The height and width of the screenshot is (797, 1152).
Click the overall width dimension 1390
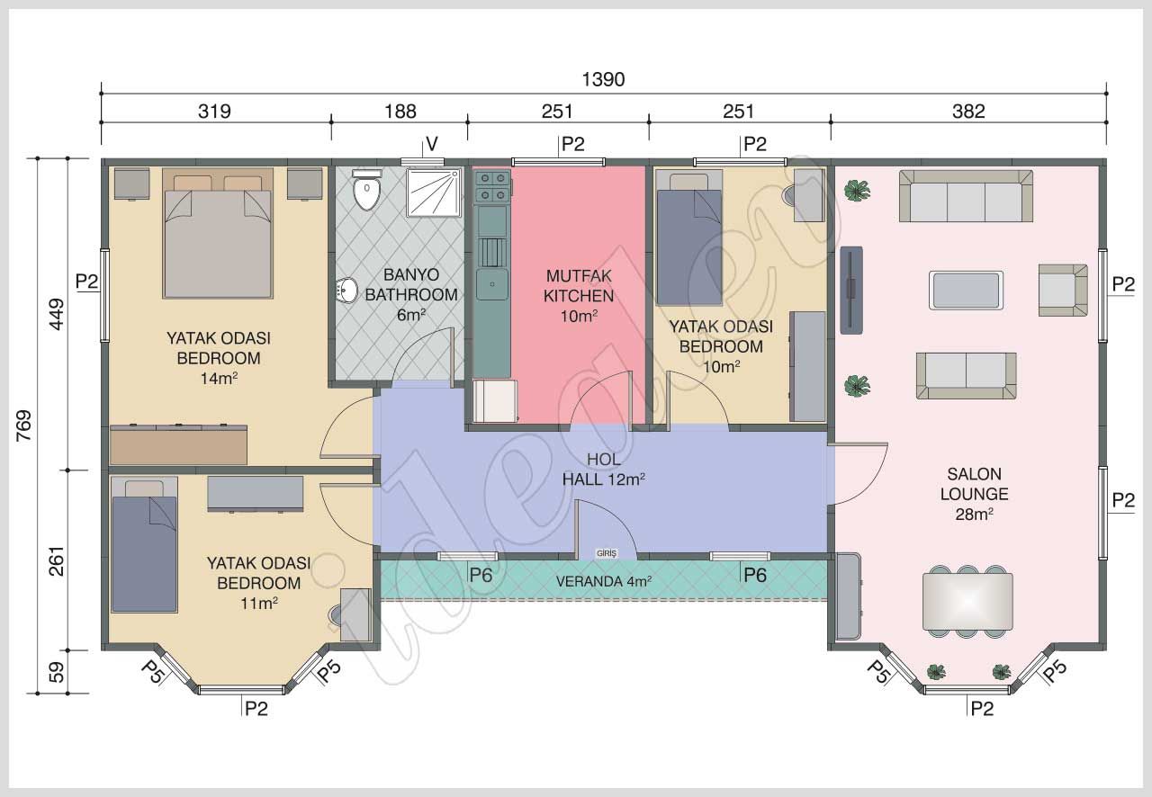coord(603,79)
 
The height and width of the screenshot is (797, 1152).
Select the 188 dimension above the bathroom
coord(400,112)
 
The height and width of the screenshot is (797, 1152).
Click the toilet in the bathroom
coord(365,192)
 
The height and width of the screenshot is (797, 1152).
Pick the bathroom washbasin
coord(347,291)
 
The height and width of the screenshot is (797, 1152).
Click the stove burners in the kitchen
coord(491,186)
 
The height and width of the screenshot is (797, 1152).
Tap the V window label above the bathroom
coord(432,144)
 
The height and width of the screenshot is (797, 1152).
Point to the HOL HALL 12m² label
coord(603,470)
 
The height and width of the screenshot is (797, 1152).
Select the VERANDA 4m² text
coord(603,581)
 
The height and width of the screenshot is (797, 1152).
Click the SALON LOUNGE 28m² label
coord(974,494)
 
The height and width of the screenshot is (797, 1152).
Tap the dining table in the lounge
coord(967,601)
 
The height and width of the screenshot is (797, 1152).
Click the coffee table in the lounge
coord(967,291)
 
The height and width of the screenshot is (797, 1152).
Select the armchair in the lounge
coord(1062,290)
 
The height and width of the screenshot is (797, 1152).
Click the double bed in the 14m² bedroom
coord(217,236)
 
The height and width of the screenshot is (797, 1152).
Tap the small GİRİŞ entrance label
coord(606,553)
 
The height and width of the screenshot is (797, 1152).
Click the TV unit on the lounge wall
coord(851,290)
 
